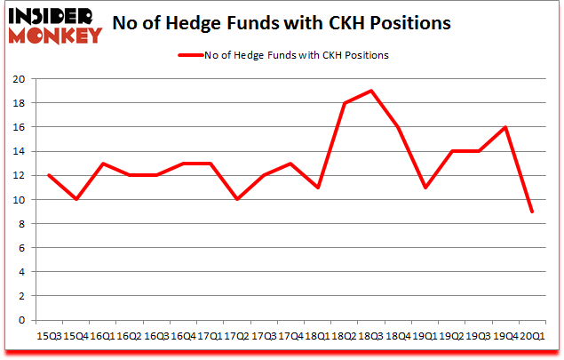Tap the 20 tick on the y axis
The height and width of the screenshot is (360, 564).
coord(18,79)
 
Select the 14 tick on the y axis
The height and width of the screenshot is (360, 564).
coord(18,151)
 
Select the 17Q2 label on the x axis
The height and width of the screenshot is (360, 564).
coord(237,337)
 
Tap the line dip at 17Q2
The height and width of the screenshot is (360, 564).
coord(237,199)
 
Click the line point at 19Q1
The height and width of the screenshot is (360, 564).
coord(424,188)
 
